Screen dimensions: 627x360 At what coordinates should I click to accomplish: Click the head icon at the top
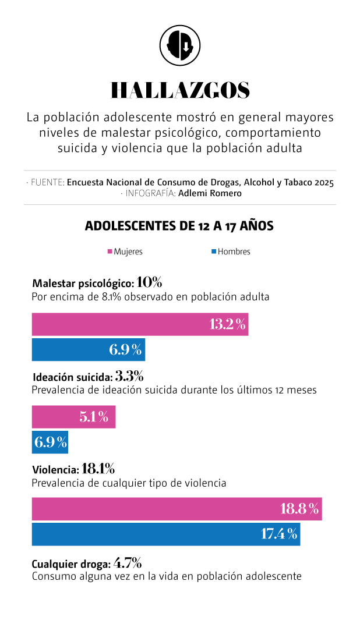[180, 45]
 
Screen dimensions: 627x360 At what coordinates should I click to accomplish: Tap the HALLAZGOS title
[180, 90]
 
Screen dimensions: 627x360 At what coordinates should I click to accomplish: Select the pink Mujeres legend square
[110, 251]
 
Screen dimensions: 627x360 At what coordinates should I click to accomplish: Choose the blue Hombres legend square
[214, 251]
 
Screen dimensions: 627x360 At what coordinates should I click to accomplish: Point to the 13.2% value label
[228, 324]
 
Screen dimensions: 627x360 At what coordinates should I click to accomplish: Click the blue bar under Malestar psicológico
[88, 349]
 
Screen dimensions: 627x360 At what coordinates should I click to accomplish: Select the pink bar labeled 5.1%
[73, 417]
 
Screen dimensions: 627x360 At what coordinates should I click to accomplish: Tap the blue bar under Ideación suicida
[50, 442]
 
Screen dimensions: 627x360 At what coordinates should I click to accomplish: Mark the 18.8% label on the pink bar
[299, 509]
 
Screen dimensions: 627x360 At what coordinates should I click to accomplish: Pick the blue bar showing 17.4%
[165, 534]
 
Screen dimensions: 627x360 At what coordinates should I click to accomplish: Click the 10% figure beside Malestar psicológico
[149, 283]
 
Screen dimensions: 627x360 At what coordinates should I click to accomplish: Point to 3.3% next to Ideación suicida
[129, 376]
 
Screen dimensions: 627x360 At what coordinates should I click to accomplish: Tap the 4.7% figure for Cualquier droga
[127, 563]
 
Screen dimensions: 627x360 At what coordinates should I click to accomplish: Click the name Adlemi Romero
[210, 193]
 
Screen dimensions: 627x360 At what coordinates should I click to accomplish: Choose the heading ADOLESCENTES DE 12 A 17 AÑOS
[179, 226]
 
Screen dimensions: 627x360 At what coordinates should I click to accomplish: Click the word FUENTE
[48, 182]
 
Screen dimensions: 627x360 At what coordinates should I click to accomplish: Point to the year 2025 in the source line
[323, 182]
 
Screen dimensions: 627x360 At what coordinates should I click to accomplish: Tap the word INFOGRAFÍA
[150, 193]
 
